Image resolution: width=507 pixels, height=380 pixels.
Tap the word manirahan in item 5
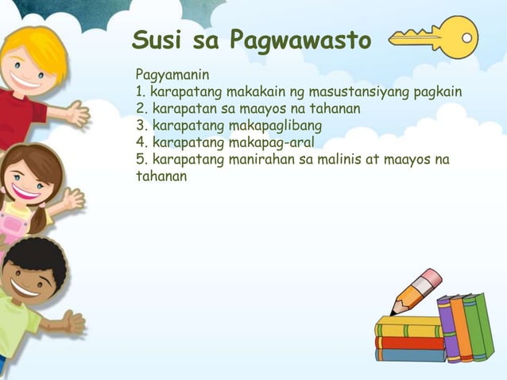coord(267,160)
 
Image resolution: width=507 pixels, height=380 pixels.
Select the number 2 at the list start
coord(140,110)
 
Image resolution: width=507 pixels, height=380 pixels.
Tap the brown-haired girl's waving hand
coord(73,199)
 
